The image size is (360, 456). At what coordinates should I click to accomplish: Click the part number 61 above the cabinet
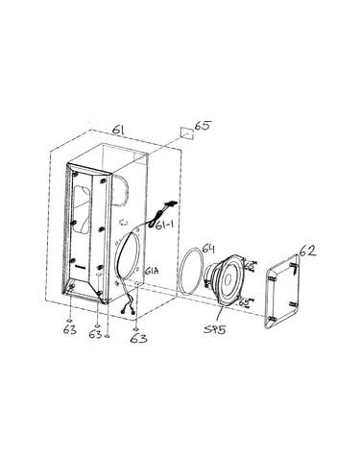click(118, 131)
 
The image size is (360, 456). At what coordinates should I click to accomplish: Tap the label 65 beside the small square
click(204, 126)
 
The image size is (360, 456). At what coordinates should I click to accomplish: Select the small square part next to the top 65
click(186, 133)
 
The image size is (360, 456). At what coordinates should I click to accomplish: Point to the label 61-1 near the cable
click(164, 225)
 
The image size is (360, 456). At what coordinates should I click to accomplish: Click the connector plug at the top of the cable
click(170, 204)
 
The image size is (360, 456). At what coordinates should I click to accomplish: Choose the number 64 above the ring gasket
click(208, 249)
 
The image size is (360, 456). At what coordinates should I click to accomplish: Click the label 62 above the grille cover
click(308, 251)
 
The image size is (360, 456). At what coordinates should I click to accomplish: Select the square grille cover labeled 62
click(282, 291)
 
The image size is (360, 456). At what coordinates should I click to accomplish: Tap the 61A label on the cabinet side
click(152, 272)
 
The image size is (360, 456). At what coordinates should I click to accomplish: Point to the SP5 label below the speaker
click(215, 329)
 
